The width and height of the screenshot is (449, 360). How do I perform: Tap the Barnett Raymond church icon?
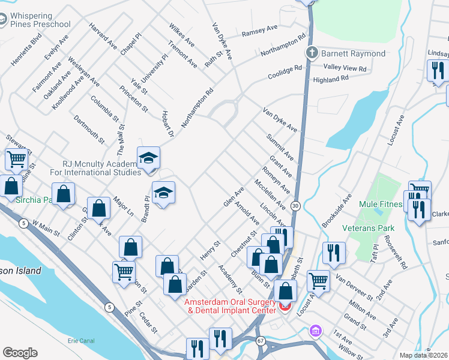(312, 53)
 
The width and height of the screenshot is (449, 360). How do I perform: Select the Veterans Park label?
(368, 228)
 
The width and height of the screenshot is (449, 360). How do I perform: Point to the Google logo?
(19, 352)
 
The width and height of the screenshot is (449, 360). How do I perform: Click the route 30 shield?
(295, 205)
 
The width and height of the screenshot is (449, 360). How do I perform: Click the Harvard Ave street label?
(103, 35)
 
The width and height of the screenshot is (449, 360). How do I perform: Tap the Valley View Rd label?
(345, 68)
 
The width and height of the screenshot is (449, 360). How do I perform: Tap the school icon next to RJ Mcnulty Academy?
(148, 158)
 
